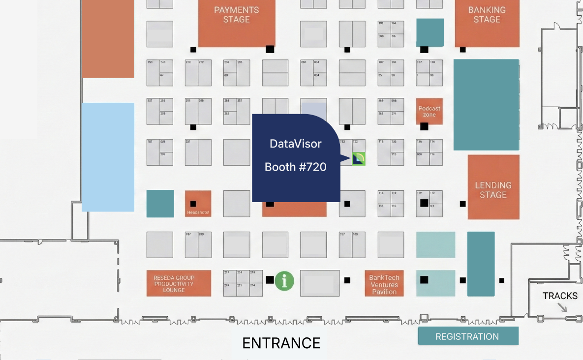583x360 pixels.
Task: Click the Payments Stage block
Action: [237, 23]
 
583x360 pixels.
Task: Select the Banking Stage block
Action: [487, 23]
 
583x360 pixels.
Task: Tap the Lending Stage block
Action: [493, 187]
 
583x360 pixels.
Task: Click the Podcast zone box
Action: [430, 112]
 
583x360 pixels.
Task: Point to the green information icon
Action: [284, 280]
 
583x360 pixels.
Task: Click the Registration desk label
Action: [467, 336]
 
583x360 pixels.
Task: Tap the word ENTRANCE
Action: [281, 343]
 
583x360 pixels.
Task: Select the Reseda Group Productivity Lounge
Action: [179, 283]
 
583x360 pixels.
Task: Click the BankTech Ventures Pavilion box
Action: [384, 284]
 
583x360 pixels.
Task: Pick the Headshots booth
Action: [198, 204]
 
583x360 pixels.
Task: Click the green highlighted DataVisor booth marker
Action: [359, 158]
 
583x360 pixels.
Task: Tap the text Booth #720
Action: [296, 167]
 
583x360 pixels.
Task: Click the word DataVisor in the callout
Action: [296, 144]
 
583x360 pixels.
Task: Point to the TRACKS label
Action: [560, 296]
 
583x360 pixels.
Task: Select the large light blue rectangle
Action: [108, 157]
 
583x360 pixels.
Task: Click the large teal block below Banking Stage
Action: [486, 104]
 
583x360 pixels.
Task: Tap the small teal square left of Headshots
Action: [160, 203]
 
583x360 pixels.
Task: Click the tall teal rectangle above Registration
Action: [481, 264]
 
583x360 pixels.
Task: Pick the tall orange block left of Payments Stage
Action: [108, 38]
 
